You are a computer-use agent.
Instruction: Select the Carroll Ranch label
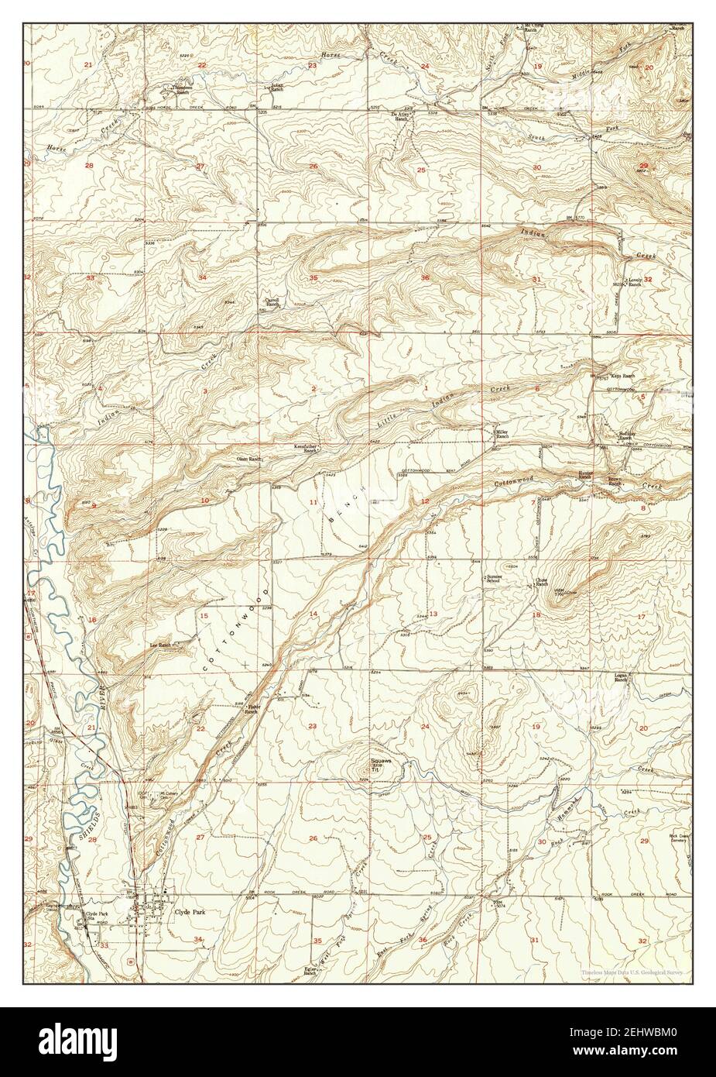[x=272, y=302]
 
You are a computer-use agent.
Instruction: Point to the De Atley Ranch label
[x=398, y=116]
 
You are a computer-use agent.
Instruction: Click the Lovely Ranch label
[x=634, y=282]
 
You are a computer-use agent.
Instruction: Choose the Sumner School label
[x=494, y=578]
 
